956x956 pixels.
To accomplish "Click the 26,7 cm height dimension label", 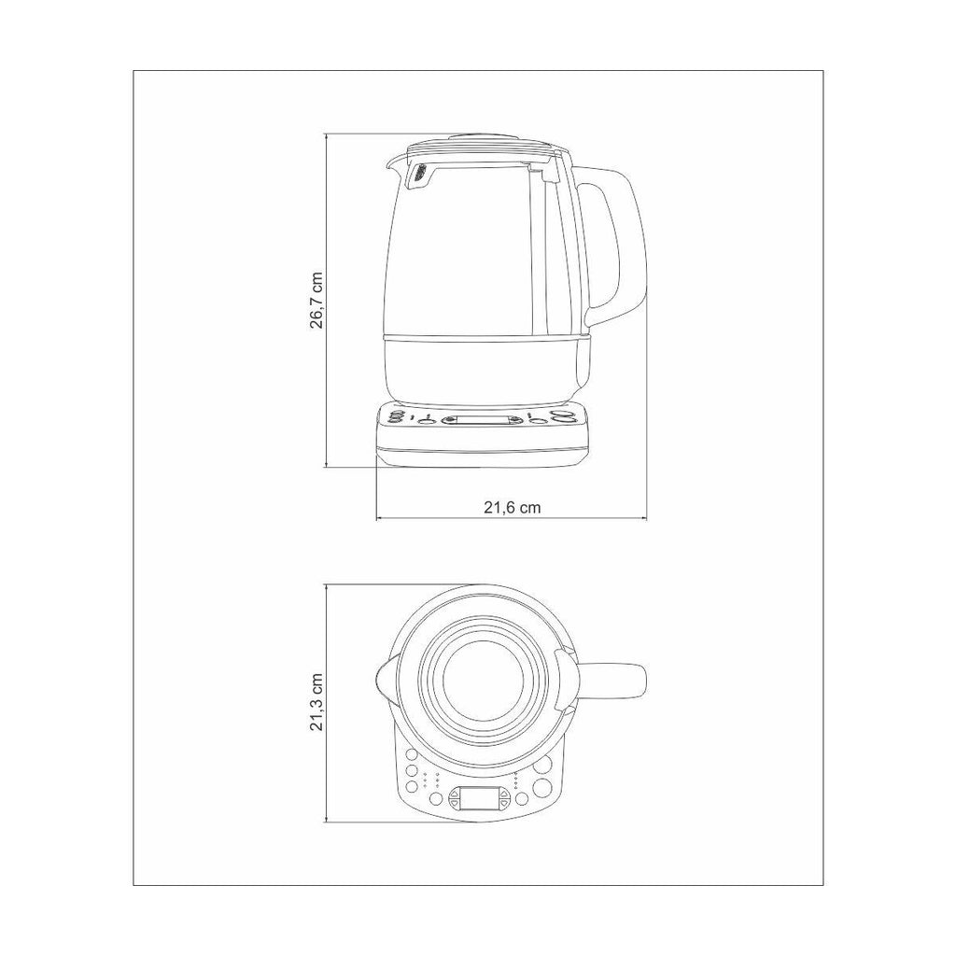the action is click(x=316, y=300).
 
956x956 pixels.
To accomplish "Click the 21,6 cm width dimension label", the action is click(x=513, y=507).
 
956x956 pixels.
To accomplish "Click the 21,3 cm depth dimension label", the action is click(x=316, y=702).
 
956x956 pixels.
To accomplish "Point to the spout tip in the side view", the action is click(x=388, y=162).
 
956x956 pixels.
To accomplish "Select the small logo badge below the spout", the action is click(x=421, y=173).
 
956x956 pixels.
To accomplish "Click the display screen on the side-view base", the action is click(x=481, y=420).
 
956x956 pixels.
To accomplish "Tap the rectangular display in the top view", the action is click(x=479, y=797).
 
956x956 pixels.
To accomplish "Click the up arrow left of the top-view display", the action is click(x=455, y=794).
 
